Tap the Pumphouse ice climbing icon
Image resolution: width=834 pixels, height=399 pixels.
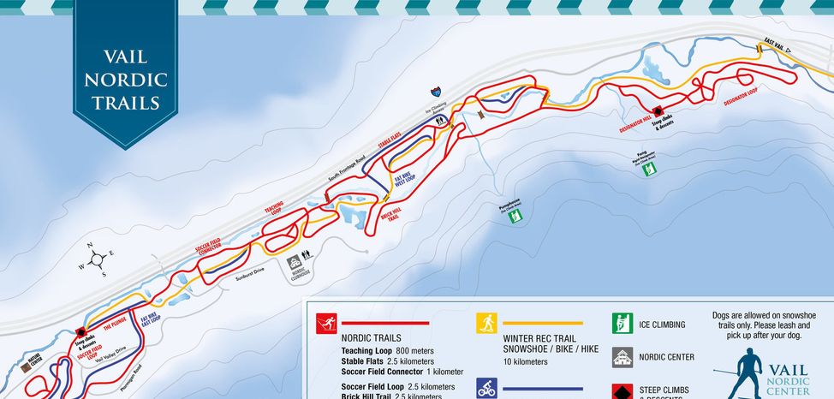(514, 217)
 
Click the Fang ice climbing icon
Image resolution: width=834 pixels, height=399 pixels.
(649, 168)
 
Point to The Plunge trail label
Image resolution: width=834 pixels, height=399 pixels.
(115, 325)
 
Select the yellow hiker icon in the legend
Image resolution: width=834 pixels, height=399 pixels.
(486, 323)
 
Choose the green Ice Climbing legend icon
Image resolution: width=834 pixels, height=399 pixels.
(621, 324)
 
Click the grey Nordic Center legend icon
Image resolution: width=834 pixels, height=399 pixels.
(621, 356)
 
